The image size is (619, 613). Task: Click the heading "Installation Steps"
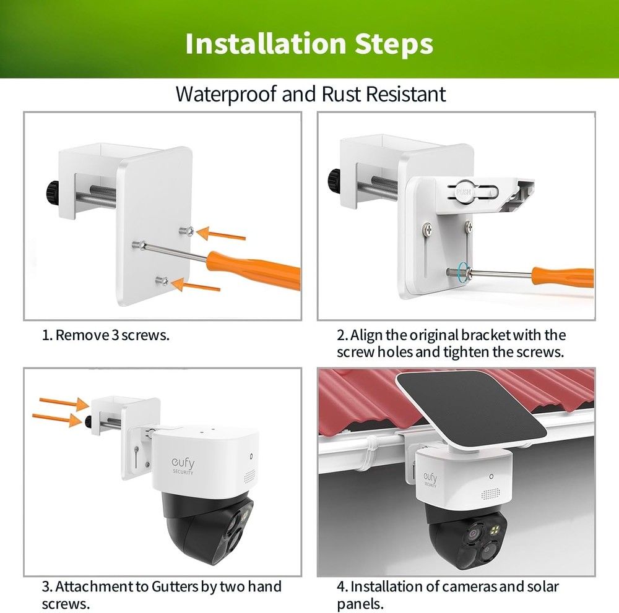coord(309,43)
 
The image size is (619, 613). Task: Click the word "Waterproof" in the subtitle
coord(226,95)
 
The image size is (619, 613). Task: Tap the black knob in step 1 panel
coord(50,189)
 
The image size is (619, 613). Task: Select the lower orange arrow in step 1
coord(197,286)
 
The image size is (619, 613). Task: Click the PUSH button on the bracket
coord(464,191)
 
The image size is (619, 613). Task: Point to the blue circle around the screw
coord(462,272)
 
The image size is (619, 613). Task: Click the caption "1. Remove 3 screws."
coord(106,335)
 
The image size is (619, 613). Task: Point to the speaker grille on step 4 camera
coord(490,495)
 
